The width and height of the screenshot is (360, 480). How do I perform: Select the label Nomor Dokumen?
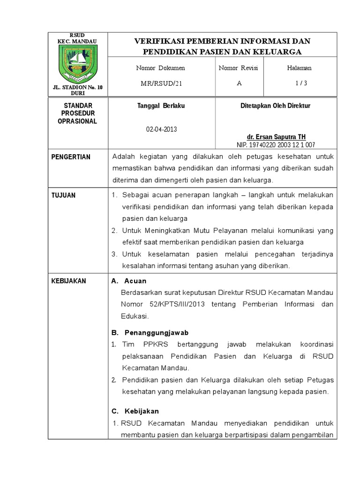click(x=160, y=68)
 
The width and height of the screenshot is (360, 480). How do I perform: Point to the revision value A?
click(x=226, y=83)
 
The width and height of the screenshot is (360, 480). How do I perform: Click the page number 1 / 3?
click(x=299, y=83)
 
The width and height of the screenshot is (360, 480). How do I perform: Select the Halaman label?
click(x=299, y=68)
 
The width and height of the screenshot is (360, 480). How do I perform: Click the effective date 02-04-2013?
click(x=161, y=129)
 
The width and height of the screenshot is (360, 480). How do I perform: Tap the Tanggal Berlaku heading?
click(x=160, y=106)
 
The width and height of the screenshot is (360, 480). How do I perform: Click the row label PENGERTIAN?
click(x=71, y=157)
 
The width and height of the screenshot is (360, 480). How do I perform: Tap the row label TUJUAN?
click(x=63, y=195)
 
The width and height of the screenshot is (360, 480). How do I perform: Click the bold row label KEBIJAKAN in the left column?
click(x=68, y=281)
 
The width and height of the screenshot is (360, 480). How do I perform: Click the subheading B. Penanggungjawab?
click(x=150, y=332)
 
